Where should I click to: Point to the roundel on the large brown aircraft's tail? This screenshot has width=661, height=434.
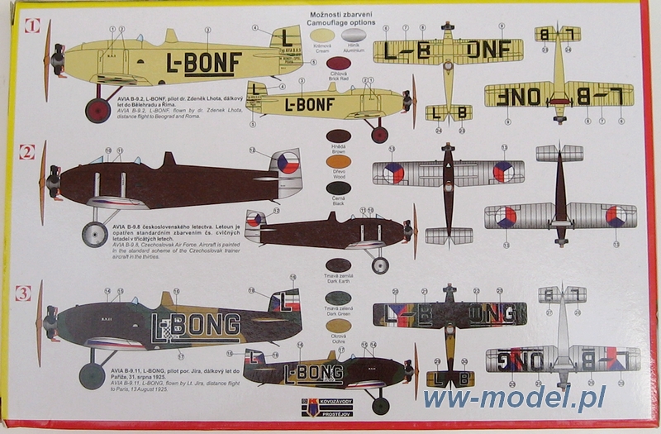point(288,163)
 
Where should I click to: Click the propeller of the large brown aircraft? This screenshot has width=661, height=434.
point(43,183)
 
